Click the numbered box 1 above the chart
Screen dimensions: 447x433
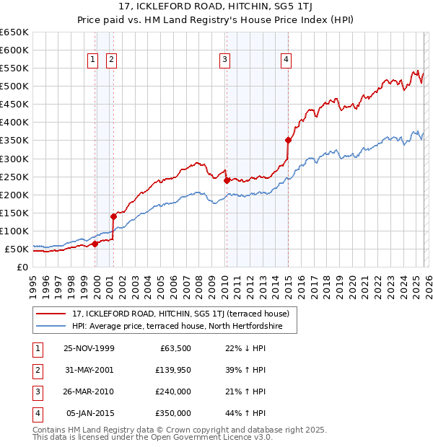94,60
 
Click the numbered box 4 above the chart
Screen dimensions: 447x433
287,60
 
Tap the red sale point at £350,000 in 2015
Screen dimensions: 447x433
288,140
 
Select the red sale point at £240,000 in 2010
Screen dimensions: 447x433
227,180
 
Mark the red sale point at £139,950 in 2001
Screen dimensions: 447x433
113,216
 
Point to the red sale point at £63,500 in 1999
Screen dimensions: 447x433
95,244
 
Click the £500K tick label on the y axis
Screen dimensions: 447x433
14,87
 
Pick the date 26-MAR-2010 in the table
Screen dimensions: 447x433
89,391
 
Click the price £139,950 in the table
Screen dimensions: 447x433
174,370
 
